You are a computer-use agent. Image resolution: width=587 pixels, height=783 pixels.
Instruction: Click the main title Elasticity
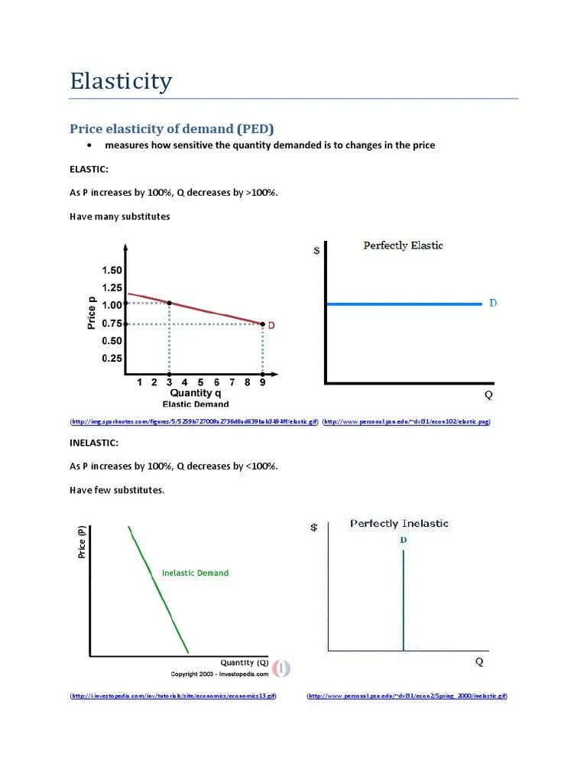click(121, 81)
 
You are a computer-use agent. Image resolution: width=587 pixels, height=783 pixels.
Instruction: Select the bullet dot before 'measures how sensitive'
click(89, 145)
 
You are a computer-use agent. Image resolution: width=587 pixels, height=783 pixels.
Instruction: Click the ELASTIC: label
click(89, 167)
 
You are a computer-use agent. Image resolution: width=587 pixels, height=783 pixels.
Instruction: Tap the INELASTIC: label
click(94, 442)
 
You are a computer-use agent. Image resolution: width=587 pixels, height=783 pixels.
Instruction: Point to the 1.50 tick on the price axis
click(112, 270)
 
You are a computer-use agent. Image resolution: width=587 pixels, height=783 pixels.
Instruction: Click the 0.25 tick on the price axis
click(112, 358)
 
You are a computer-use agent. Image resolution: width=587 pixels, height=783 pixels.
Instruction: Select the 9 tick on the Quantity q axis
click(262, 382)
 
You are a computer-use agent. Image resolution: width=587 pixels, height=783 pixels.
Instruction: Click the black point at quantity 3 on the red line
click(169, 304)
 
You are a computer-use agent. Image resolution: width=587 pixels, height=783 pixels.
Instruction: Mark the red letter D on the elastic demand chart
click(271, 325)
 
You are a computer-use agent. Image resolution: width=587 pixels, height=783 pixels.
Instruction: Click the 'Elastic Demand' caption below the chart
click(196, 404)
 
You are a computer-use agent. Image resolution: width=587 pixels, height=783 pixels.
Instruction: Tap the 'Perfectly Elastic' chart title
click(403, 245)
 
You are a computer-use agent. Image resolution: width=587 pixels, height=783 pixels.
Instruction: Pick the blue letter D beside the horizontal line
click(493, 304)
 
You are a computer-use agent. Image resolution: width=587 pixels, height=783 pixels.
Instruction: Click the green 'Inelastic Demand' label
click(195, 573)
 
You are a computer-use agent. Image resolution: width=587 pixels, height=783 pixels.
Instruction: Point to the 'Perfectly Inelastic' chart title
click(399, 524)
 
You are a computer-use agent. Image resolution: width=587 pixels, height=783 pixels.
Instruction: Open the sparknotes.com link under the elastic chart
click(194, 421)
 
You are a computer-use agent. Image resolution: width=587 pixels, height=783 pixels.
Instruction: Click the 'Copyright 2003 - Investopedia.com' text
click(219, 674)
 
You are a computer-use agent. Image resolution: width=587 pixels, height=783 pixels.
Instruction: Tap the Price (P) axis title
click(82, 542)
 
